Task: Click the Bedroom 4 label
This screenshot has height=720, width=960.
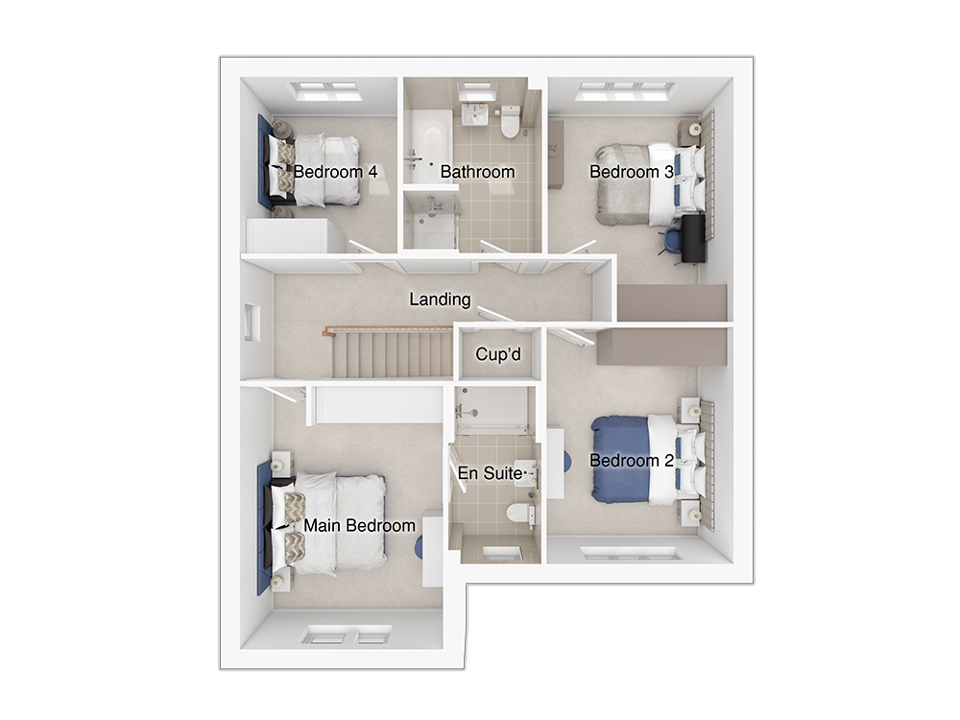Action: click(x=335, y=172)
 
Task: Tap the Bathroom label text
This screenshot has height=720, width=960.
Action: click(x=477, y=172)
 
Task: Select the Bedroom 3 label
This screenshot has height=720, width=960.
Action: click(x=632, y=172)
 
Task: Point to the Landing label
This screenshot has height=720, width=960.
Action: click(x=441, y=300)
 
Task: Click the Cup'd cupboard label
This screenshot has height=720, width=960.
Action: click(x=498, y=354)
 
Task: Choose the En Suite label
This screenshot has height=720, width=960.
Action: click(x=491, y=473)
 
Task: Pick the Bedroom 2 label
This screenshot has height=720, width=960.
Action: click(x=632, y=461)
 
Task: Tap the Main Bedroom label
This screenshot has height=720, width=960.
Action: click(x=359, y=526)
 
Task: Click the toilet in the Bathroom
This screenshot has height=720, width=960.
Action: click(x=510, y=121)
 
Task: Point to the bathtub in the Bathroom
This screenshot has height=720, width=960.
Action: click(x=428, y=146)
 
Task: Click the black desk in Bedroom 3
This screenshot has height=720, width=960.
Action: click(x=693, y=238)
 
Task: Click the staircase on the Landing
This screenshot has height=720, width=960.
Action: click(x=393, y=354)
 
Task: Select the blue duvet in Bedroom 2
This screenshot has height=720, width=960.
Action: click(x=619, y=459)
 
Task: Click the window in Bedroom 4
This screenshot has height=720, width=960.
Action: click(x=325, y=90)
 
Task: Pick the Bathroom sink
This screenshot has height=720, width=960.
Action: click(x=474, y=114)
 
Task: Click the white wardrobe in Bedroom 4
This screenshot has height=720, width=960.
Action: click(x=287, y=236)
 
